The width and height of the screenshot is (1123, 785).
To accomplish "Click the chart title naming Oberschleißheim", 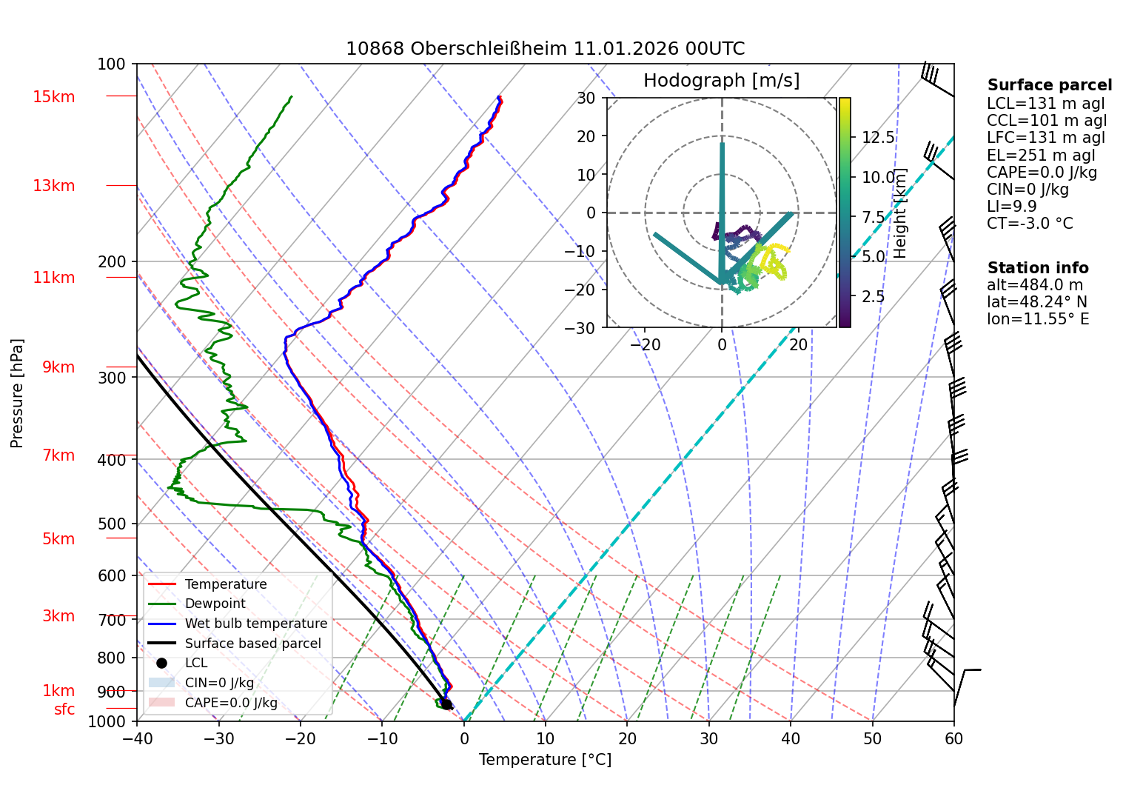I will coord(545,49).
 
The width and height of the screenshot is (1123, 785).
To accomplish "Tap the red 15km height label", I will coord(53,97).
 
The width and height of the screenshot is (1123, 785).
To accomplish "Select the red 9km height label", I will coord(58,367).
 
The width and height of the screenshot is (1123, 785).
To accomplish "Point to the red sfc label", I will coord(64,709).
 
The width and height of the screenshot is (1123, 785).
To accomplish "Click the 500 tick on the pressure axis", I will coord(112,524).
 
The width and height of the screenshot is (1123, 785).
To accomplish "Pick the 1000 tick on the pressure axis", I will coord(107,721).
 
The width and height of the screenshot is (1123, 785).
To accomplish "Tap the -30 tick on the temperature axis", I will coord(218,738).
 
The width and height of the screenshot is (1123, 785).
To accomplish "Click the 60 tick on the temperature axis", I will coord(953,738).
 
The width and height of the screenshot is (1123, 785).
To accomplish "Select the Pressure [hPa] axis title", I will coord(17,393).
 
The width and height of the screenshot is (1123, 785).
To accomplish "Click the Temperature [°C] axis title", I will coord(545,760).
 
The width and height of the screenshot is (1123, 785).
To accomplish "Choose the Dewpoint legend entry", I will coord(215,604).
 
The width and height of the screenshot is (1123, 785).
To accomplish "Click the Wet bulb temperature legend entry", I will coord(255,624).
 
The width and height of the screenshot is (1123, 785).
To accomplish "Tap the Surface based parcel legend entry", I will coord(252,644).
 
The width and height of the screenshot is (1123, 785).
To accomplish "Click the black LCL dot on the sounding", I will coord(446,704).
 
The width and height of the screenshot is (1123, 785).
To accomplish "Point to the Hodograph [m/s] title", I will coord(721,80).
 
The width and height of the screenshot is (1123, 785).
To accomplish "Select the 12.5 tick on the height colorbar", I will coord(878,138).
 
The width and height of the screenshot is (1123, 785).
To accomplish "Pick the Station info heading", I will coord(1037,268).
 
